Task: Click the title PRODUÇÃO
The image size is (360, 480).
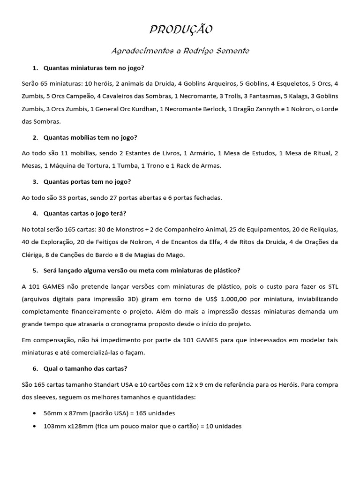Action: tap(181, 30)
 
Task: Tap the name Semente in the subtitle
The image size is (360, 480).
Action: tap(232, 51)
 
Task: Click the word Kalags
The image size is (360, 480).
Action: tap(295, 96)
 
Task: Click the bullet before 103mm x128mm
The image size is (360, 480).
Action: tap(36, 427)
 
